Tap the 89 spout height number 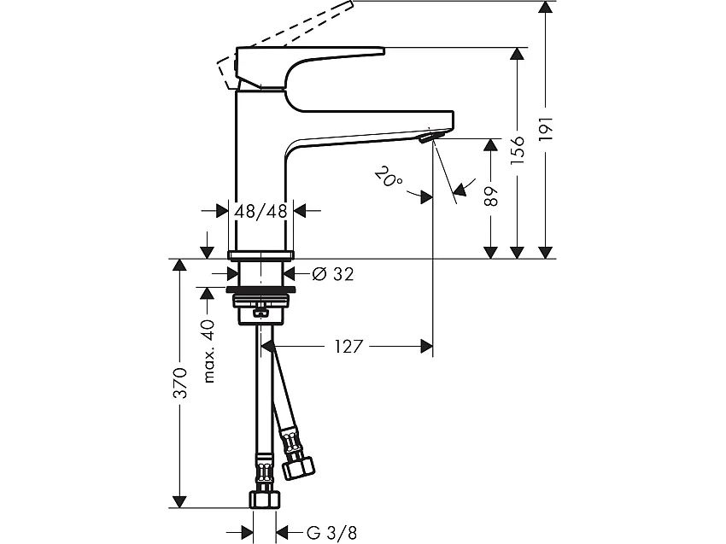(x=490, y=196)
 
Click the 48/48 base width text (x=261, y=210)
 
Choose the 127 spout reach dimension (x=350, y=346)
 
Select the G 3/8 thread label (x=331, y=532)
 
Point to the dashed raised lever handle (x=290, y=34)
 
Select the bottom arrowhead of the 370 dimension (x=179, y=501)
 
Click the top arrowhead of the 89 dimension (x=490, y=144)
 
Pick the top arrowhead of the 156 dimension (x=516, y=53)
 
